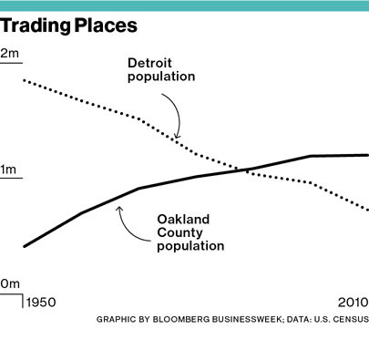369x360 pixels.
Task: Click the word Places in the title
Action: (107, 26)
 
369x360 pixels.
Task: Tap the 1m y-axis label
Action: (10, 170)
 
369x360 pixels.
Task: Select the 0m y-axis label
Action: (10, 284)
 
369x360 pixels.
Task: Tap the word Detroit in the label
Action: (148, 63)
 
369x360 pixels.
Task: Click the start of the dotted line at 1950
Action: (24, 80)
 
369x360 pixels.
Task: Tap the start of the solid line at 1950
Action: (24, 245)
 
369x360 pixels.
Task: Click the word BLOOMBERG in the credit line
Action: (185, 320)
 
